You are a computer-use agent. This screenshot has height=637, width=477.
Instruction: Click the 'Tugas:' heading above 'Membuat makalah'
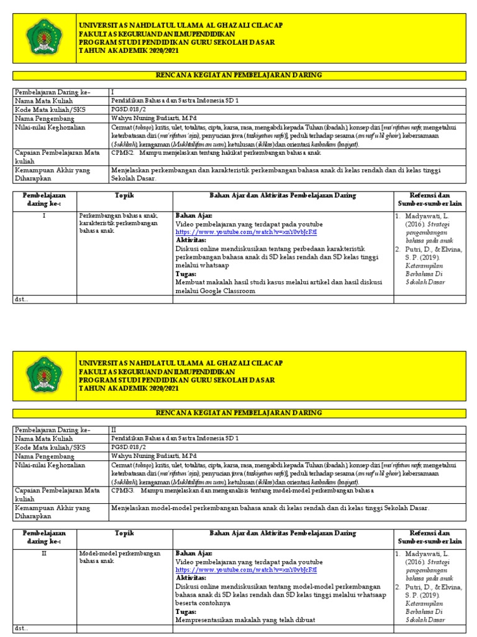point(186,273)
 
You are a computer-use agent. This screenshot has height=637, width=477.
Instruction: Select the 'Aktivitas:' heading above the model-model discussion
point(191,577)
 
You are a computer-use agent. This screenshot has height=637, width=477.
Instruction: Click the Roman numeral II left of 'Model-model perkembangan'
point(43,553)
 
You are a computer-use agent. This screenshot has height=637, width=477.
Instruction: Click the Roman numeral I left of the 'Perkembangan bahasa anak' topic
point(43,215)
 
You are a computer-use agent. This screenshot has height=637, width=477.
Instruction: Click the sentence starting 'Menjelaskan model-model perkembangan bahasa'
point(270,508)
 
